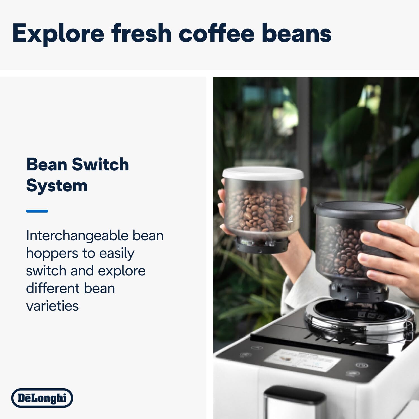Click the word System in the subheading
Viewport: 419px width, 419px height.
[x=57, y=186]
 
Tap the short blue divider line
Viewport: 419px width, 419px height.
[x=37, y=211]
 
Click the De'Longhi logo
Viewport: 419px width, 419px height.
[x=42, y=398]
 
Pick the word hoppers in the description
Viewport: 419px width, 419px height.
[x=52, y=253]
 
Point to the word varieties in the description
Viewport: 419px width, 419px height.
[x=52, y=306]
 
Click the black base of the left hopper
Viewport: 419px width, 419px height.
[x=261, y=245]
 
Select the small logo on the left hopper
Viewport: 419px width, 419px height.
[x=291, y=219]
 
